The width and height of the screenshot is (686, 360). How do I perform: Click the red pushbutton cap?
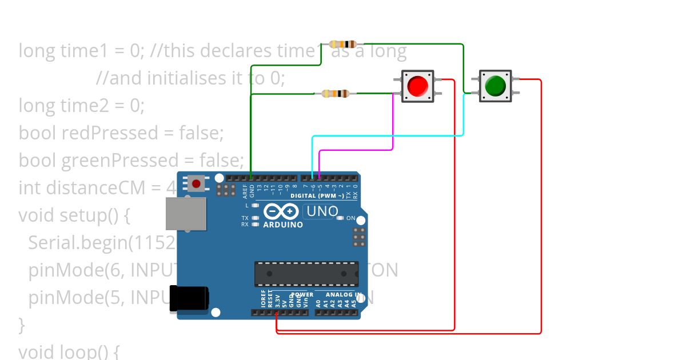(x=417, y=86)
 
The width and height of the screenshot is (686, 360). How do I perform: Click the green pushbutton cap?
(x=495, y=86)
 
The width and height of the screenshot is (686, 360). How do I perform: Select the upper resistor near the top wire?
(x=344, y=44)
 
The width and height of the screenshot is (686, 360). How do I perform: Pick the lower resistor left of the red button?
(x=336, y=94)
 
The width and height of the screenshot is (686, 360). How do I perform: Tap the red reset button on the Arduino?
(x=197, y=183)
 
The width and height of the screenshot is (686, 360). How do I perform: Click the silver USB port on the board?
(x=185, y=214)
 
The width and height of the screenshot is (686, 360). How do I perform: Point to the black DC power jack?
(x=189, y=299)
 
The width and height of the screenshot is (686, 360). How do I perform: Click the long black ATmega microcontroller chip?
(x=306, y=274)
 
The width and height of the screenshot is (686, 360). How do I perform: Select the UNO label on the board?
(x=322, y=211)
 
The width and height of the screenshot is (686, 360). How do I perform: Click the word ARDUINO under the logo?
(x=283, y=225)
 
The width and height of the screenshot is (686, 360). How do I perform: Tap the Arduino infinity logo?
(x=281, y=212)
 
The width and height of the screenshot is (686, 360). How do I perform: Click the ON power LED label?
(x=350, y=218)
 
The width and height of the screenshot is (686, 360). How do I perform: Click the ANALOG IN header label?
(x=343, y=295)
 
